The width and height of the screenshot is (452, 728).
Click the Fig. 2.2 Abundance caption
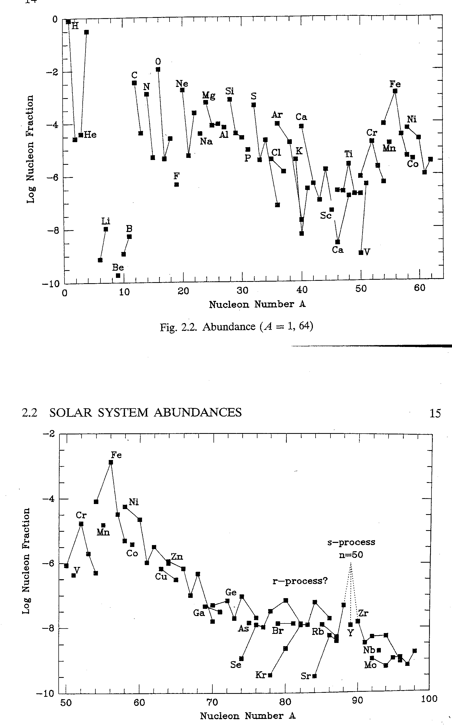pos(236,327)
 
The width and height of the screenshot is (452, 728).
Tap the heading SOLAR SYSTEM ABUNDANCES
pos(145,413)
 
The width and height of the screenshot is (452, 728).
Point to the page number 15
pos(435,413)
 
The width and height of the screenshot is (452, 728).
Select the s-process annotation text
pos(351,542)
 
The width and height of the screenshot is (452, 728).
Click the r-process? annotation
pos(300,581)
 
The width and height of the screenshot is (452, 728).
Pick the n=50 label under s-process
pos(351,555)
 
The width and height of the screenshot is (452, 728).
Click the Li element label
pos(106,221)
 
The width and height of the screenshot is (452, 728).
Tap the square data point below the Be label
pos(118,275)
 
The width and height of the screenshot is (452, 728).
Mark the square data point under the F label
pos(177,185)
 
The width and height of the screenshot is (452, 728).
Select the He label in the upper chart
pos(90,135)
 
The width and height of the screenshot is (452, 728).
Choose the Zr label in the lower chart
pos(363,613)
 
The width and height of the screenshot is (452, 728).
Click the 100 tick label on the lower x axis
pos(429,699)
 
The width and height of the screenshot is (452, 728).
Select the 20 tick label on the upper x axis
pos(183,291)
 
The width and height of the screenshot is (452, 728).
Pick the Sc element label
pos(326,215)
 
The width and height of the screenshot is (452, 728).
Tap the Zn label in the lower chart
pos(177,557)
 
